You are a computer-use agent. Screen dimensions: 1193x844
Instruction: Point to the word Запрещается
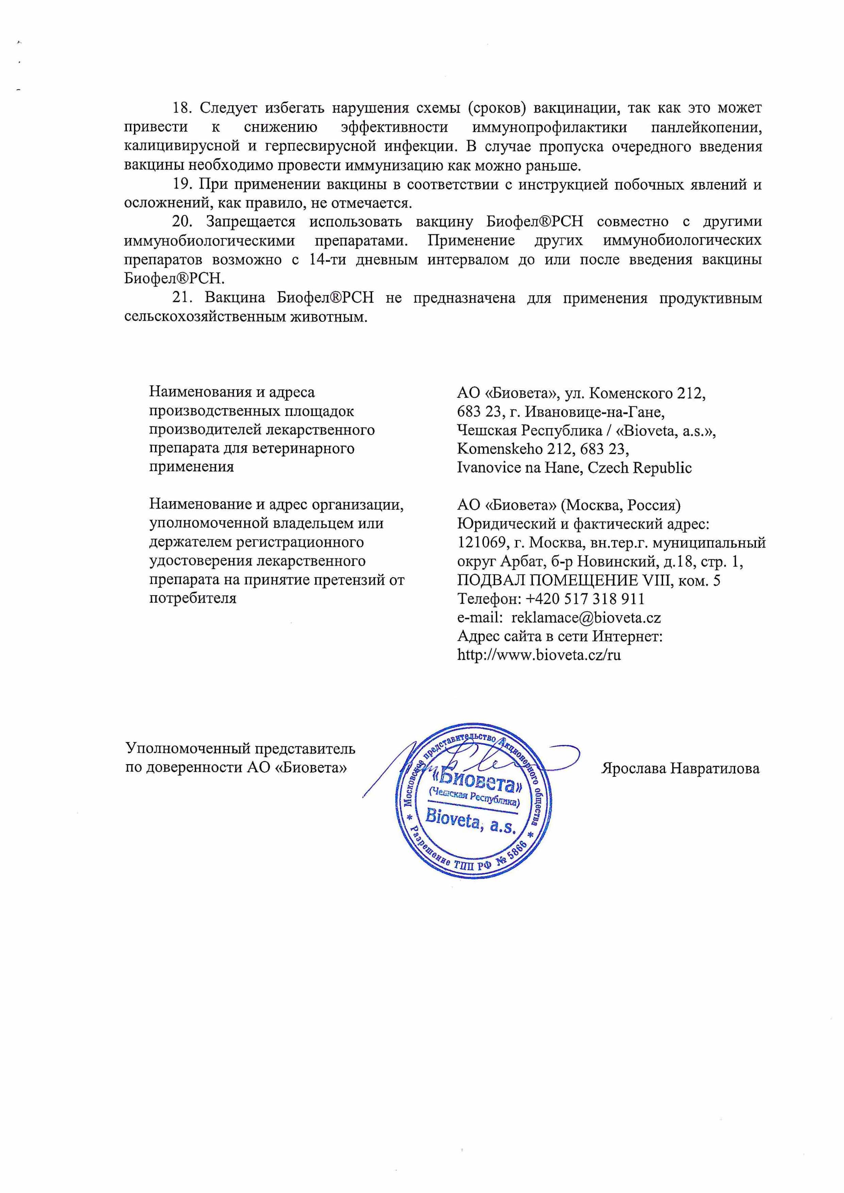251,222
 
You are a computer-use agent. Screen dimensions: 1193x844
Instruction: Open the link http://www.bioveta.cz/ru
539,655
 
